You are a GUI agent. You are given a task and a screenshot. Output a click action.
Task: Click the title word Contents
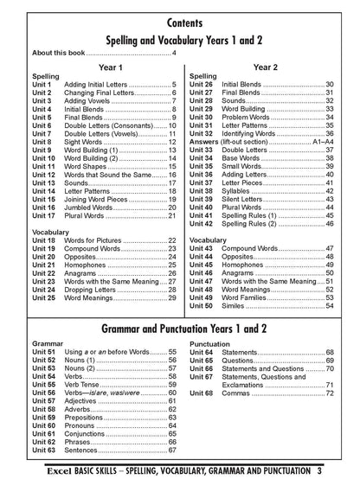180,19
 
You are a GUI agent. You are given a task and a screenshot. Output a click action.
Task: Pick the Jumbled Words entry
94,208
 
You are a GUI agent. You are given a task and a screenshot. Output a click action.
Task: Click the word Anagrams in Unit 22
89,273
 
